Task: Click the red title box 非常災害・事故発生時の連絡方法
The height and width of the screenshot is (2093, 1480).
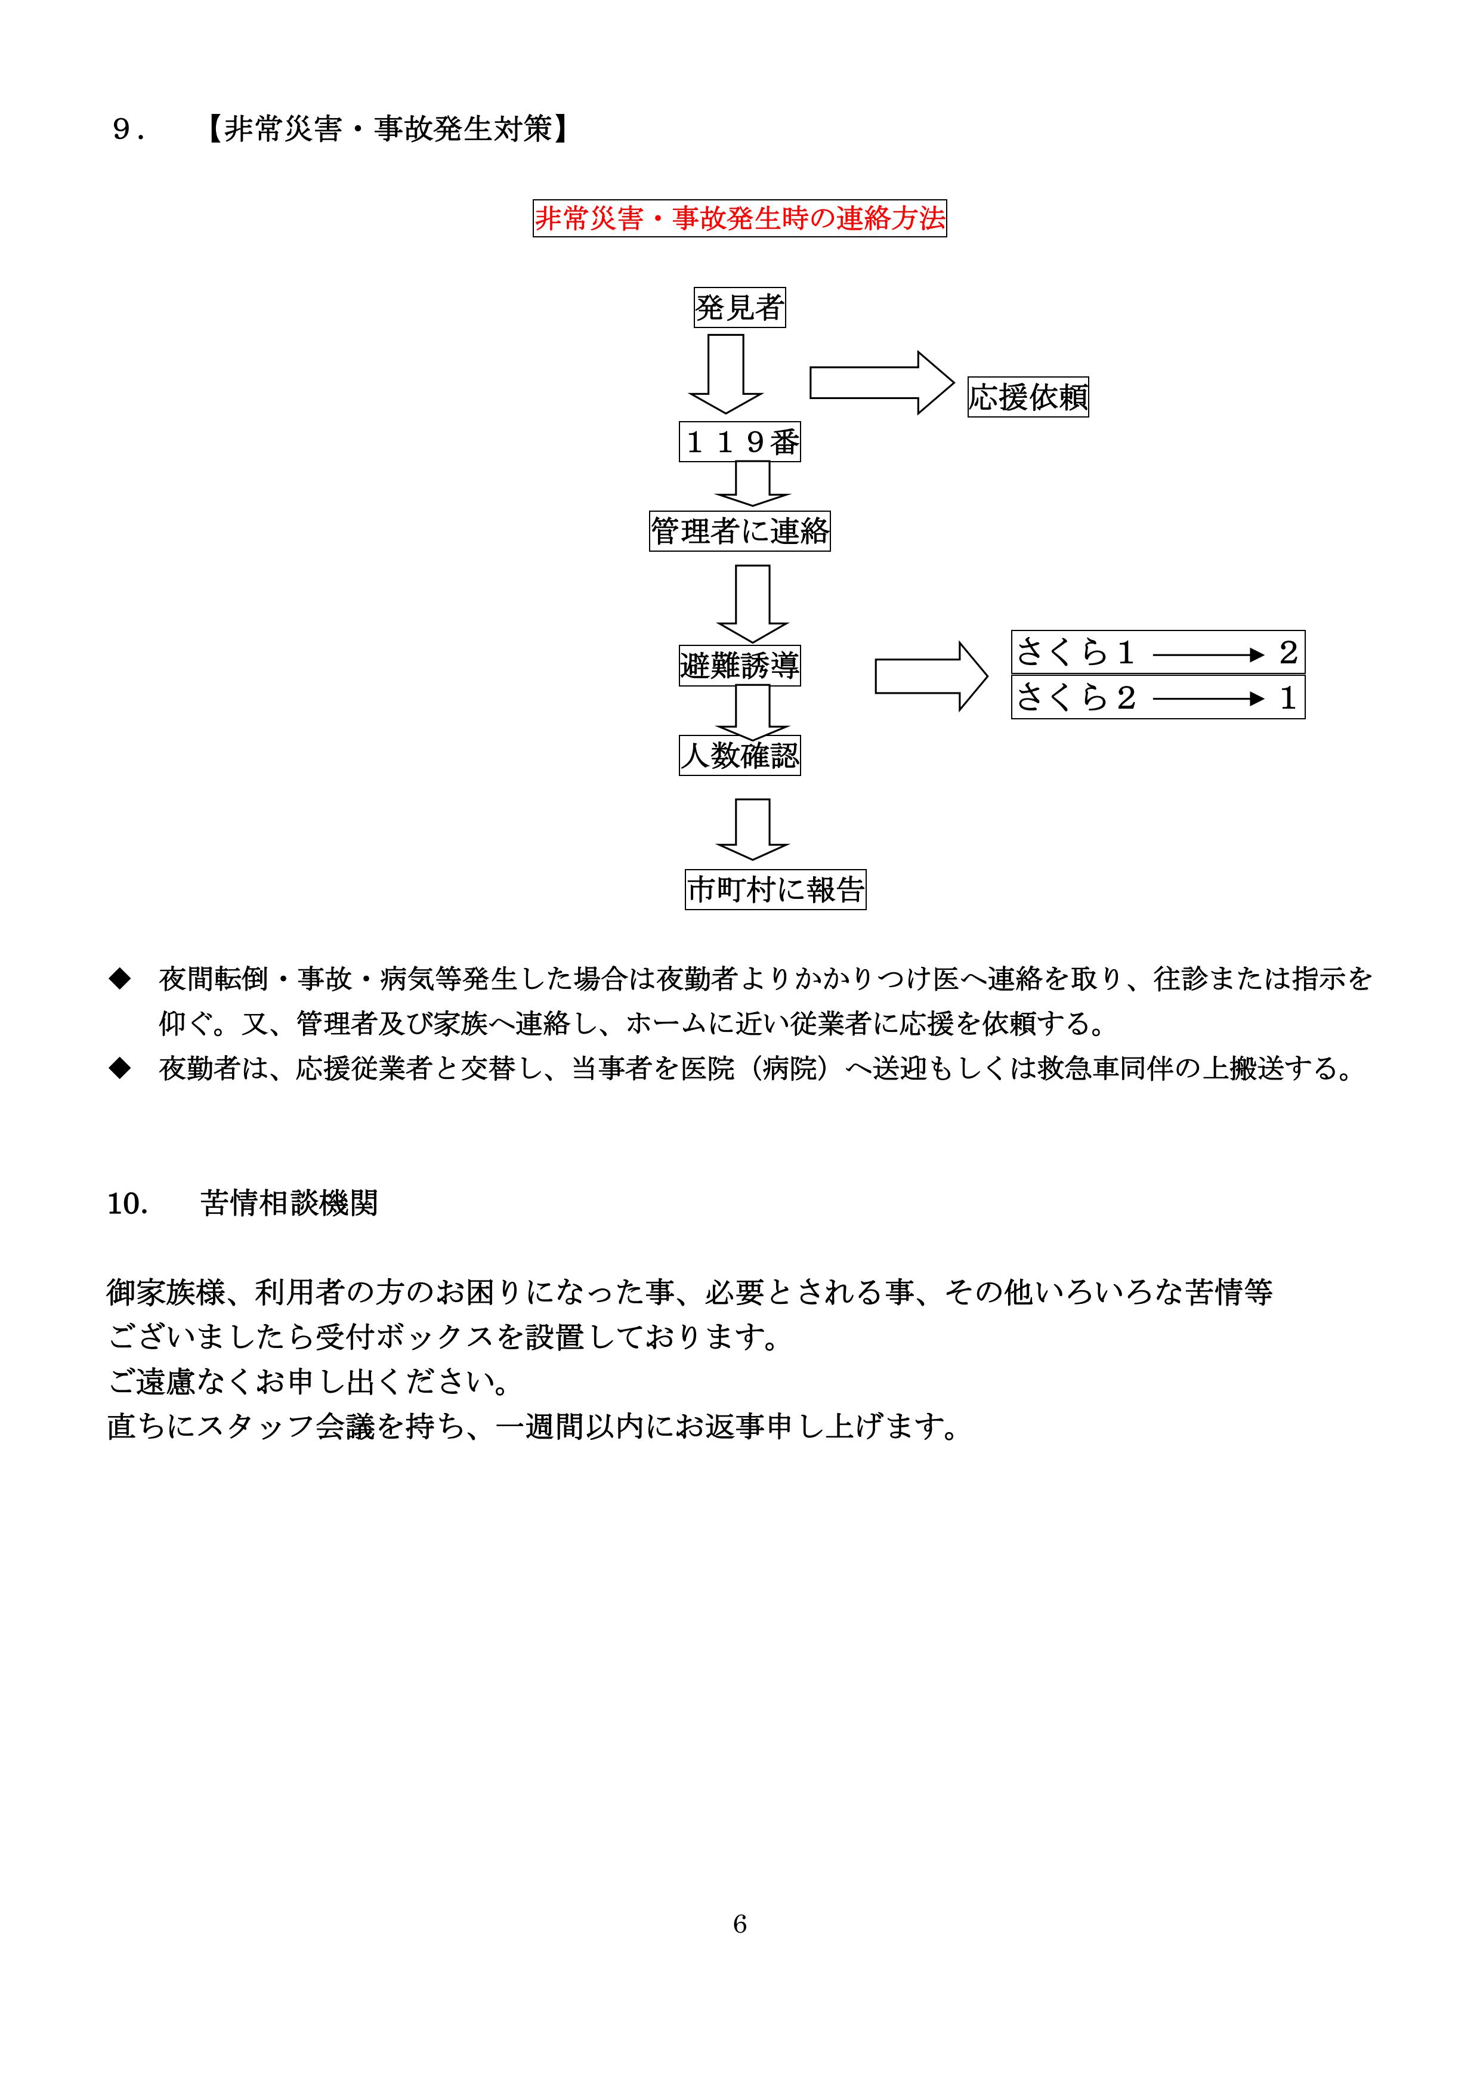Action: [740, 219]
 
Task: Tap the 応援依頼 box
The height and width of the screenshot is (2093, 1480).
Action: [1028, 397]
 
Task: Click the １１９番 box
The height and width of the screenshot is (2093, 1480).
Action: [740, 442]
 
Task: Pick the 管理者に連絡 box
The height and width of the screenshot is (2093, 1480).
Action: [740, 530]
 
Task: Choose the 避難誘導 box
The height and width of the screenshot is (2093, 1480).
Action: [740, 666]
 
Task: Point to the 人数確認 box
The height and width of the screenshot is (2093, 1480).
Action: [740, 756]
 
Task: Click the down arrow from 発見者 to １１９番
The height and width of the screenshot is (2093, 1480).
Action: [726, 374]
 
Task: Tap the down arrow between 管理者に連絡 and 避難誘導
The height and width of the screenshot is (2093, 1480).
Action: [752, 602]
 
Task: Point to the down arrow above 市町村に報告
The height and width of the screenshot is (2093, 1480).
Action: [752, 828]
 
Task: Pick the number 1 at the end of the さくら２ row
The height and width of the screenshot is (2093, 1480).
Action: [1287, 698]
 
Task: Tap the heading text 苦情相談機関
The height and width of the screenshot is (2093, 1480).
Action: [289, 1203]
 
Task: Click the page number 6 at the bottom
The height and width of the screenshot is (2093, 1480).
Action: [740, 1924]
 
